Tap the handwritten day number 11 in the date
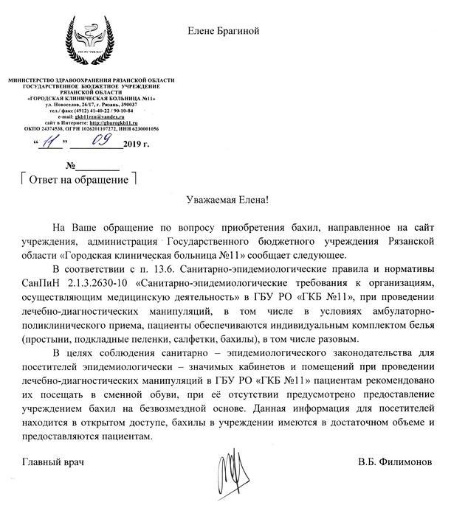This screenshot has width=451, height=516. [x=49, y=142]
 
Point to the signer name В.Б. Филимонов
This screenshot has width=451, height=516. [x=395, y=462]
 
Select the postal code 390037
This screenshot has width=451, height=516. [x=138, y=105]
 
